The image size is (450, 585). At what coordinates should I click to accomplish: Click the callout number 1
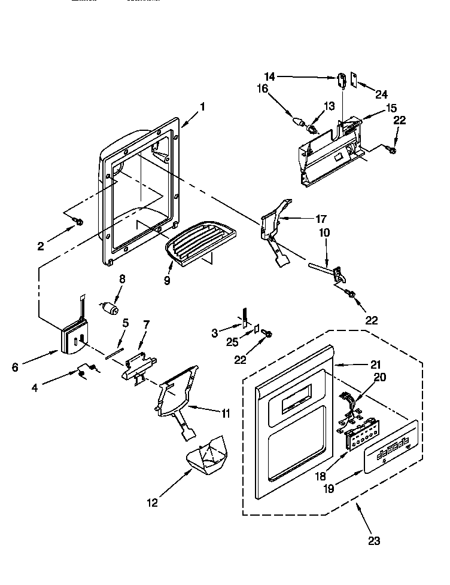tap(202, 107)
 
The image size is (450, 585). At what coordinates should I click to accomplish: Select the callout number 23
tap(374, 541)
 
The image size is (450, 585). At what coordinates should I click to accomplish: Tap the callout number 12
tap(153, 503)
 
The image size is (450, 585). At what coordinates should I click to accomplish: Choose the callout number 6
tap(16, 367)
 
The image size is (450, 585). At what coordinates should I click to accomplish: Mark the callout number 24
tap(382, 94)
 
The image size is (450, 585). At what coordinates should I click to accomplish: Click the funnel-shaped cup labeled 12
tap(207, 457)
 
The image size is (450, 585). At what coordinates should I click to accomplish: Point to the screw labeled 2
tap(78, 222)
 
